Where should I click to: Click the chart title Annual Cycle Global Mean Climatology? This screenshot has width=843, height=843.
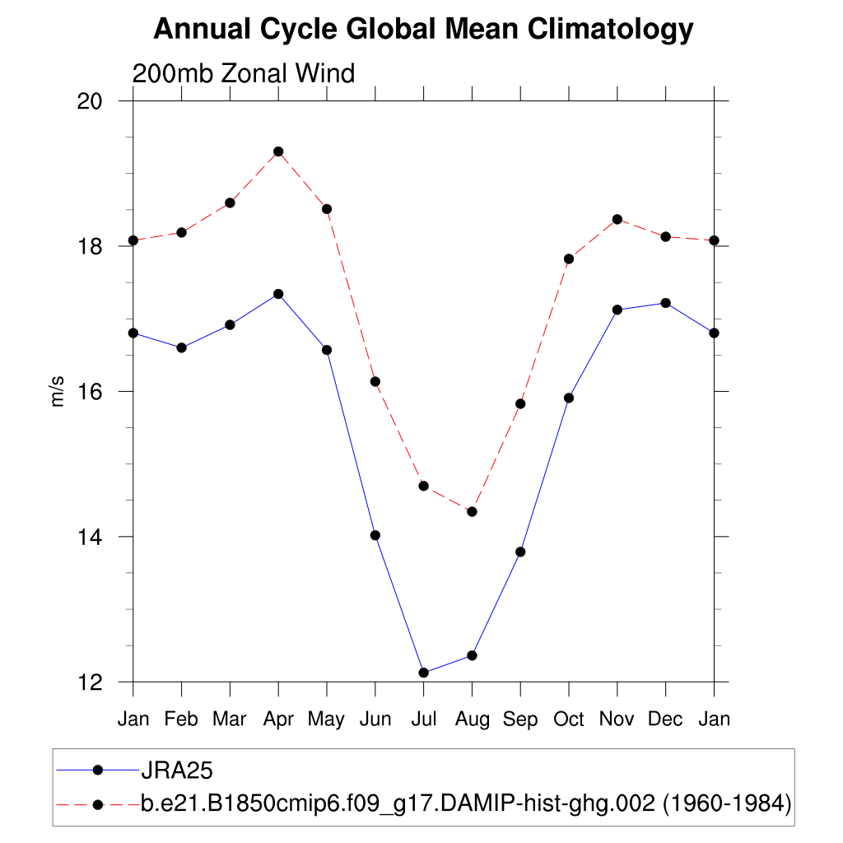tap(423, 30)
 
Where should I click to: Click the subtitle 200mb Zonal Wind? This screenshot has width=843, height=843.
tap(244, 73)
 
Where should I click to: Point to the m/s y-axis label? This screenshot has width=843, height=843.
tap(58, 391)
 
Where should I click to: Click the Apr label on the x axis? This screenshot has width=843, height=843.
tap(278, 720)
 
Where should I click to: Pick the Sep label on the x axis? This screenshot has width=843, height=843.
tap(520, 720)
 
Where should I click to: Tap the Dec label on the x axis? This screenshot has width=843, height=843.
tap(665, 720)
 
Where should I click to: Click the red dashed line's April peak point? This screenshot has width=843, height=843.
tap(278, 151)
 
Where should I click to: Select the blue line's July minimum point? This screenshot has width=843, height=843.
tap(423, 673)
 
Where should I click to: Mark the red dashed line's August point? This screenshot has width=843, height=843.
tap(472, 511)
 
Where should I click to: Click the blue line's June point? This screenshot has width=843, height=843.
tap(375, 535)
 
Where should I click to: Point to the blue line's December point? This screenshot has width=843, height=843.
tap(665, 303)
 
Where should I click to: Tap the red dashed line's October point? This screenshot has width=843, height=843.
tap(569, 258)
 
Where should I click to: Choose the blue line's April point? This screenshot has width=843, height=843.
tap(278, 294)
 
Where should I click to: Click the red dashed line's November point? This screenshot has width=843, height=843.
tap(617, 219)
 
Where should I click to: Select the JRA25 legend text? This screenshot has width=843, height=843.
tap(178, 771)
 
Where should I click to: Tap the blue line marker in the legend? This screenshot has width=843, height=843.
tap(98, 771)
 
